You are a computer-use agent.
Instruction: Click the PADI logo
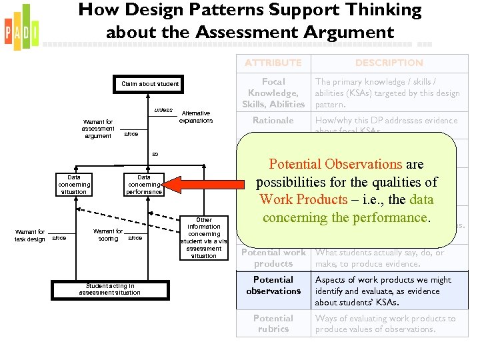pos(21,27)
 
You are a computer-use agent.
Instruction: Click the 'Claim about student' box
pos(149,84)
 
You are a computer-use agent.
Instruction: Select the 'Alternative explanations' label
pos(196,117)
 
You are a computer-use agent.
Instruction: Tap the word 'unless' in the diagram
pos(163,110)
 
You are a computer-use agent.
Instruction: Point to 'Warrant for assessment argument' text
pos(99,129)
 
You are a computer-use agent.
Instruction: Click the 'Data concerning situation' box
pos(73,184)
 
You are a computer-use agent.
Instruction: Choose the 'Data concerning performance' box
pos(144,184)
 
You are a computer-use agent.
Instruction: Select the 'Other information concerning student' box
pos(203,237)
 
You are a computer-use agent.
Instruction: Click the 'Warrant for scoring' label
pos(107,235)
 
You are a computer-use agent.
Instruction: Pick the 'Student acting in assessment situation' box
pos(109,289)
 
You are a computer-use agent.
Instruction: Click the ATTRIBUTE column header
pos(273,63)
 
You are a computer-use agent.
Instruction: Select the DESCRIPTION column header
pos(389,63)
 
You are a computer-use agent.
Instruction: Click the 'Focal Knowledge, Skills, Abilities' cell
pos(273,93)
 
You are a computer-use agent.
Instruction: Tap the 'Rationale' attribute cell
pos(273,121)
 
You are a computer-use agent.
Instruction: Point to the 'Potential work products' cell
pos(273,258)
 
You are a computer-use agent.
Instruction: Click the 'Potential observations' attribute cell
pos(273,285)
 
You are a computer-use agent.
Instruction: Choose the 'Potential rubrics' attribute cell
pos(273,324)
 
